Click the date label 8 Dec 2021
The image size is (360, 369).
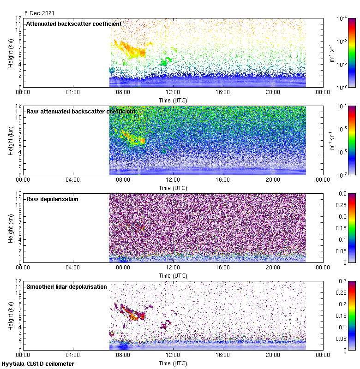[36, 13]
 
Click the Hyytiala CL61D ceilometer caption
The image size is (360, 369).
[38, 364]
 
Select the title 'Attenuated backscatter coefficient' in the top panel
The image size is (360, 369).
[74, 24]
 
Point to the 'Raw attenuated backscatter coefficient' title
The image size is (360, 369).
[81, 111]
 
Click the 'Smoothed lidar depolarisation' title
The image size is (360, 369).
[66, 286]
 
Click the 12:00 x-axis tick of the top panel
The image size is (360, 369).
[173, 92]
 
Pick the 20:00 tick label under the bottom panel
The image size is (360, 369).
[273, 355]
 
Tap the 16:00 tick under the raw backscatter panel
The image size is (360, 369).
[223, 179]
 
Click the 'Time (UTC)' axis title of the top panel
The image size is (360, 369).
[173, 100]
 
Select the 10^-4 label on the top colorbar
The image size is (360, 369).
[342, 18]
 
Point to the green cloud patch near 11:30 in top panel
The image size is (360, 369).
[165, 60]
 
